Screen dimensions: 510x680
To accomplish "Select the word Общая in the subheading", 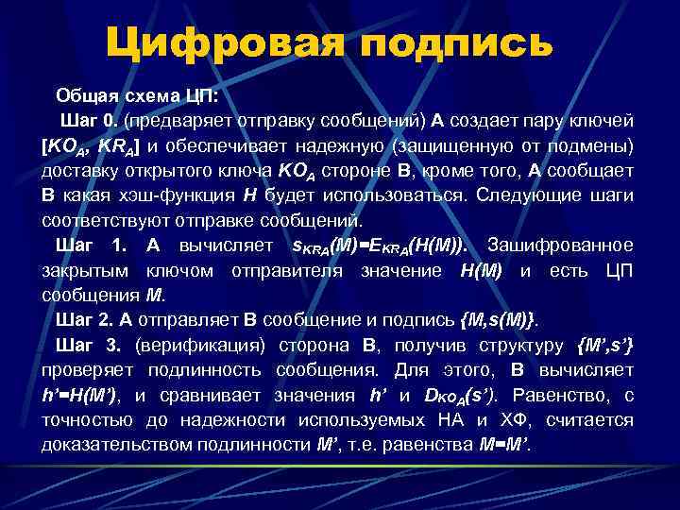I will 84,95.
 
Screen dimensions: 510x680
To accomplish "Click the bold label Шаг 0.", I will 90,121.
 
